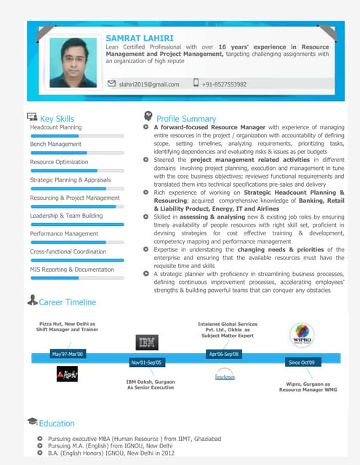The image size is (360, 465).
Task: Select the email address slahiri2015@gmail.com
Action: pos(148,84)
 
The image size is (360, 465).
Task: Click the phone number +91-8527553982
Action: pos(224,84)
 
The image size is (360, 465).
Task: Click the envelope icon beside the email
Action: pos(111,84)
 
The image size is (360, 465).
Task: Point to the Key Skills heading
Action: pos(57,118)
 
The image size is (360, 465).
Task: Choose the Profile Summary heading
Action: pos(186,118)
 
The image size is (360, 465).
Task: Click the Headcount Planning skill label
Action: pos(56,127)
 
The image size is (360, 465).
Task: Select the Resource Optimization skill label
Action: pos(59,162)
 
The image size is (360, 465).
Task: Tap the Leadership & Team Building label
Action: pos(66,216)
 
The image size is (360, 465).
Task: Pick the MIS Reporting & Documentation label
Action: pos(72,270)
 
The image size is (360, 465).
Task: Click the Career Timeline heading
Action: pos(67,302)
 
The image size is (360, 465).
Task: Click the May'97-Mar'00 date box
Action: pos(68,354)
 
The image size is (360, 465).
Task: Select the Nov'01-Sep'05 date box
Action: pos(147,362)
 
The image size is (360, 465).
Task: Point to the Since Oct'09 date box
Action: pos(301,362)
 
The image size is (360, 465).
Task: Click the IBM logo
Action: pos(147,342)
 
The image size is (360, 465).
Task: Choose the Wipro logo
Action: pos(302,335)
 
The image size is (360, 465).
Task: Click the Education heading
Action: pos(56,423)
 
